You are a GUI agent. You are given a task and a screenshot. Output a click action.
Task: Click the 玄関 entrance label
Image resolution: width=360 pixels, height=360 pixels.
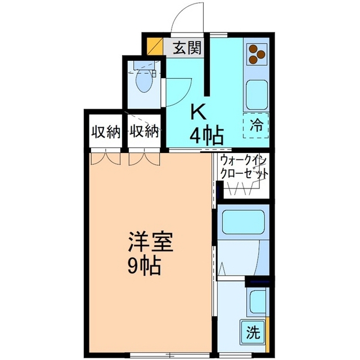tap(187, 48)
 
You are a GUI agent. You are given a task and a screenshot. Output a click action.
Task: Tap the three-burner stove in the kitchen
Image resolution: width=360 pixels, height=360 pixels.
tap(256, 55)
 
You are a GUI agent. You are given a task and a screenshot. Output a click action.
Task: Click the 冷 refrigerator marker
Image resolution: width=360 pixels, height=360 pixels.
tap(256, 124)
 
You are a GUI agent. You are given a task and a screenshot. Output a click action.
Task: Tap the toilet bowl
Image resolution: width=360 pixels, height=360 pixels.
tap(144, 84)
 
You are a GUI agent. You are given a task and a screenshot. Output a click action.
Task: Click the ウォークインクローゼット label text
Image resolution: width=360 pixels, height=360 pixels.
tap(242, 167)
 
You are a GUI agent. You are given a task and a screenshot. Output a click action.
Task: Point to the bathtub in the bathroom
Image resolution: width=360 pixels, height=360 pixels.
tap(242, 223)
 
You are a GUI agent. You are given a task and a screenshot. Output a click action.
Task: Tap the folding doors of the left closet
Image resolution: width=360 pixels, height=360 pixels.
tap(106, 159)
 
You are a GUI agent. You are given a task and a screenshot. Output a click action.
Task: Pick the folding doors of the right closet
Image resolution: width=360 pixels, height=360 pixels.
tap(143, 159)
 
